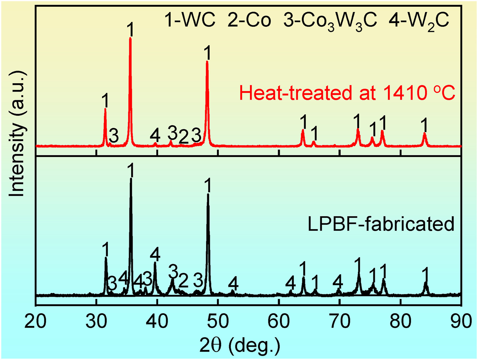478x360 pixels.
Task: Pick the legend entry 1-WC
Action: pyautogui.click(x=190, y=20)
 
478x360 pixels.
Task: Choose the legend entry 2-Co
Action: pyautogui.click(x=249, y=20)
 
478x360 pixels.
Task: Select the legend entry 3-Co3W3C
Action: pyautogui.click(x=330, y=21)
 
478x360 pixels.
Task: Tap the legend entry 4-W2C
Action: pyautogui.click(x=419, y=21)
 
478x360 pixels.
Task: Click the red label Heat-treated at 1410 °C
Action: pyautogui.click(x=347, y=93)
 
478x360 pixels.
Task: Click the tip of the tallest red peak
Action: pyautogui.click(x=130, y=38)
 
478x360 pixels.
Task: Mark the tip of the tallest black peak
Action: pyautogui.click(x=131, y=179)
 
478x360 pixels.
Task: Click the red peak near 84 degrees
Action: pyautogui.click(x=424, y=134)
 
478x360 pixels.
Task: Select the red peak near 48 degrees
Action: pyautogui.click(x=207, y=62)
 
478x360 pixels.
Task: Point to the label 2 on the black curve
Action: pyautogui.click(x=183, y=281)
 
